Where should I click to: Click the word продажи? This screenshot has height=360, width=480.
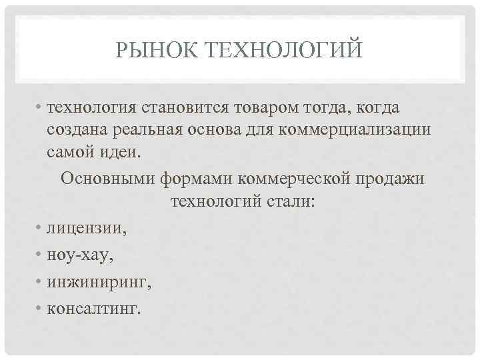pos(391,180)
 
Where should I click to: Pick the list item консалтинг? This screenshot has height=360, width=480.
pos(94,308)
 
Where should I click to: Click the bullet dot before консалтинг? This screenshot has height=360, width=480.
pos(40,308)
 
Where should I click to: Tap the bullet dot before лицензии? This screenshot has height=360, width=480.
pos(40,229)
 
